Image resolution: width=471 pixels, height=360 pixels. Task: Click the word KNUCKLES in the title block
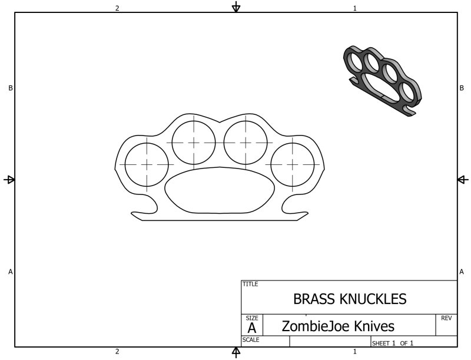373,299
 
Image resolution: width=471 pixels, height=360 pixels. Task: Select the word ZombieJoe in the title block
316,326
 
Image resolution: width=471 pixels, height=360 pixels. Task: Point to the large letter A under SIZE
252,328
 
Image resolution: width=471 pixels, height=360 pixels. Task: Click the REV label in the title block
446,318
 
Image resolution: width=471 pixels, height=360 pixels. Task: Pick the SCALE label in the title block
251,339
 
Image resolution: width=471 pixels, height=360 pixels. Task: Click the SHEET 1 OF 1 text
393,343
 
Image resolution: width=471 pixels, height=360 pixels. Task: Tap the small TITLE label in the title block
250,284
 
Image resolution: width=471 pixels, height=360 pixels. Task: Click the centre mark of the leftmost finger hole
147,164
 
